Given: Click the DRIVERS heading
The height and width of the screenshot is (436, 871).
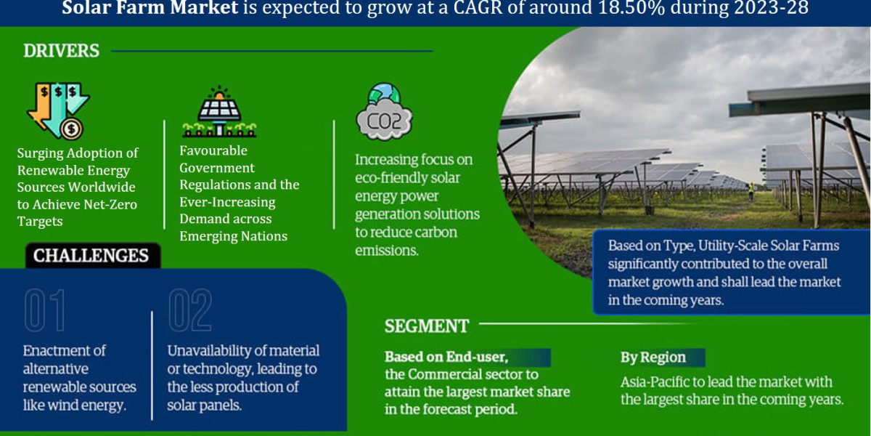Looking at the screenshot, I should click(61, 51).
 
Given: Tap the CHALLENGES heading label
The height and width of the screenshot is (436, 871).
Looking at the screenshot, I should click(91, 256).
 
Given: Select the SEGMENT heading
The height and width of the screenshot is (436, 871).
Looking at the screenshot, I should click(426, 326).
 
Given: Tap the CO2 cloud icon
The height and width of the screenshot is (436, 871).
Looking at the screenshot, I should click(384, 113).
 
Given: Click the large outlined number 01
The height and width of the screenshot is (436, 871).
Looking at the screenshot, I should click(45, 311).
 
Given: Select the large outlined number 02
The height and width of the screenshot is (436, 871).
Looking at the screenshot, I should click(190, 311).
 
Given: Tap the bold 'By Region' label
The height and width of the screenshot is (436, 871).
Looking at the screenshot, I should click(653, 357).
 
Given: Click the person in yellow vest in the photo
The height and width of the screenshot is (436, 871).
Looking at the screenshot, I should click(751, 190).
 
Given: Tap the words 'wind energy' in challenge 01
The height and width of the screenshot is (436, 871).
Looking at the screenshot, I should click(91, 405).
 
